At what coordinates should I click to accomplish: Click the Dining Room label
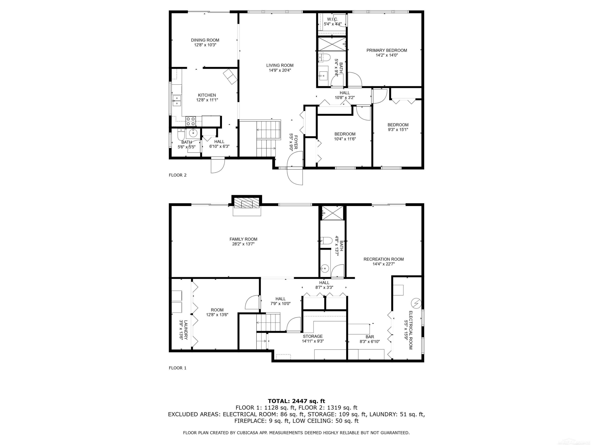pos(205,40)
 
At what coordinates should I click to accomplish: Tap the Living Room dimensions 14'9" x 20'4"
pos(280,70)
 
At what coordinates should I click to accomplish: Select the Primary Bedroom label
pos(387,50)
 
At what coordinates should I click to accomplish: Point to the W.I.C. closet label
pos(333,19)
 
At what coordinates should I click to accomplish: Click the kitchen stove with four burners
pos(191,121)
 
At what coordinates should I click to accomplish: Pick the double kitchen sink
pos(177,101)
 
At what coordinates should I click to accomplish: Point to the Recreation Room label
pos(383,259)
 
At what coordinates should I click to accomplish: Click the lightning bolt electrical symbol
pos(416,303)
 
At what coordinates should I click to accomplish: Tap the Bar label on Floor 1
pos(370,337)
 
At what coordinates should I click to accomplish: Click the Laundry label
pos(186,330)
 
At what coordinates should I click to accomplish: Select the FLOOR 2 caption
pos(178,175)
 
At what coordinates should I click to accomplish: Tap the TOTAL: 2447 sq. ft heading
pos(296,401)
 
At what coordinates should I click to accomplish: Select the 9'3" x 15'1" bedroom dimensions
pos(398,130)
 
